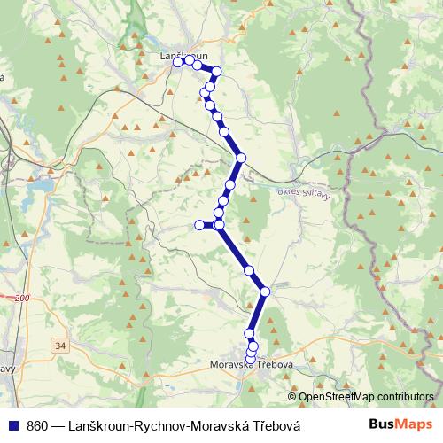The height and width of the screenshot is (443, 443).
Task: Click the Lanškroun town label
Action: (183, 56)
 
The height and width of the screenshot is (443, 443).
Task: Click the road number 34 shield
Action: (59, 344)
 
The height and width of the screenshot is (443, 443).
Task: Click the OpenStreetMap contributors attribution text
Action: (365, 397)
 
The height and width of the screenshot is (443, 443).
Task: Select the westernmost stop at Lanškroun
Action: (178, 62)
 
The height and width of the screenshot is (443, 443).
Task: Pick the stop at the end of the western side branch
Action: (199, 225)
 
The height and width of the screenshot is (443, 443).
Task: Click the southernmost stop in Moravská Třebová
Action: (249, 358)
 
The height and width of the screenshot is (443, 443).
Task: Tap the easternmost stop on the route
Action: (265, 291)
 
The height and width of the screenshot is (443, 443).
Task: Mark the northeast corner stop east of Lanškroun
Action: (215, 71)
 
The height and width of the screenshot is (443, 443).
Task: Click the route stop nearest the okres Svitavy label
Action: (240, 159)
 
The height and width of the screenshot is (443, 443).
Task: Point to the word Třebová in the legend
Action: (277, 424)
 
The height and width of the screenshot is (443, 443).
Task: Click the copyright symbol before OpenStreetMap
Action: (291, 397)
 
